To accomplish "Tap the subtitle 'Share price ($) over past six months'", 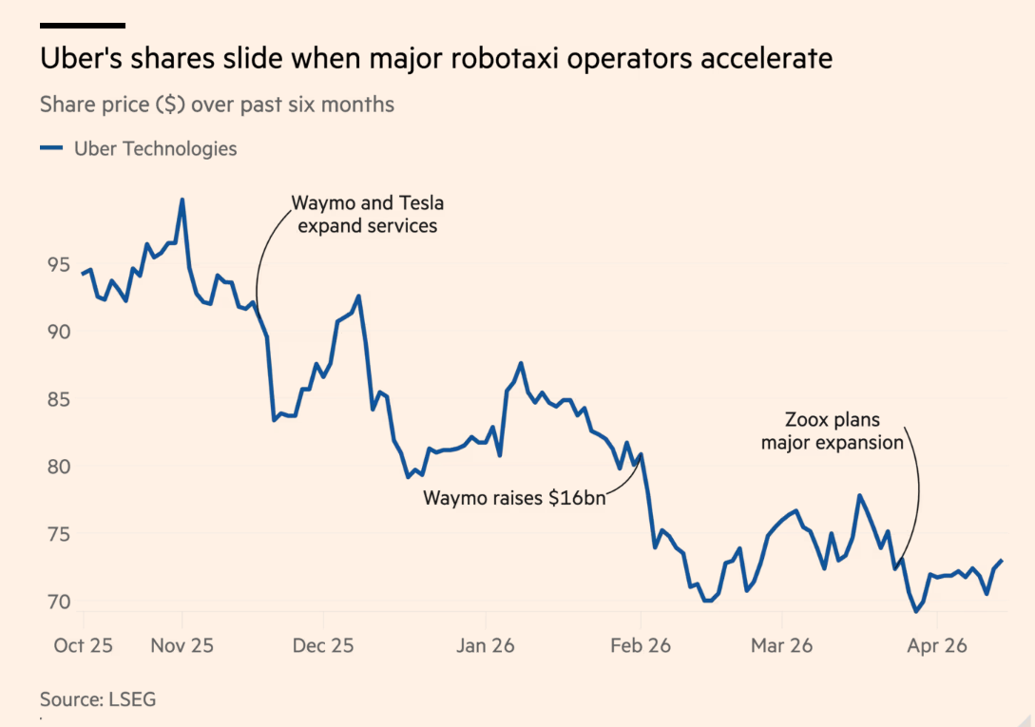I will [x=217, y=105].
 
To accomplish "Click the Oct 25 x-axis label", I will [x=83, y=645].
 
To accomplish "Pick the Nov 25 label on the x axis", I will [x=182, y=645].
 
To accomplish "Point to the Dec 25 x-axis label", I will [x=322, y=645].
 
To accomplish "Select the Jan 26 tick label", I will [x=485, y=645].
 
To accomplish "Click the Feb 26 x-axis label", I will [x=640, y=645].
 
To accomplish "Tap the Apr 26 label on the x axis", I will [x=937, y=645].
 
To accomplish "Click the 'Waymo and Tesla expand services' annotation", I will [x=367, y=215].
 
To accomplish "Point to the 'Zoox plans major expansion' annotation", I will [x=832, y=431].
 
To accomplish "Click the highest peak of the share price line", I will [x=182, y=200].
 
